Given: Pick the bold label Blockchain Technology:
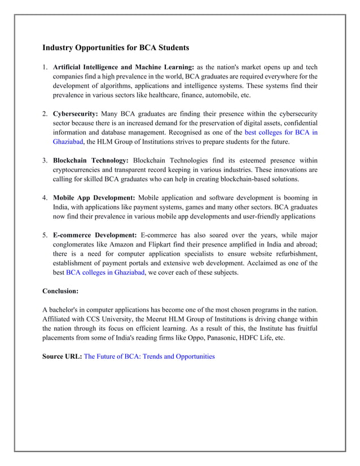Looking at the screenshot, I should pyautogui.click(x=91, y=160).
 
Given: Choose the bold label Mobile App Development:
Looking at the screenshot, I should pyautogui.click(x=94, y=197).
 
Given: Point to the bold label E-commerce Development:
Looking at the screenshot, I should pyautogui.click(x=95, y=235).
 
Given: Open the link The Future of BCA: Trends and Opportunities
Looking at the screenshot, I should pyautogui.click(x=149, y=357).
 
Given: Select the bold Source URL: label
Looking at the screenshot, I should pyautogui.click(x=62, y=357).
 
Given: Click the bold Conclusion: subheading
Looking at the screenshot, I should pyautogui.click(x=60, y=291).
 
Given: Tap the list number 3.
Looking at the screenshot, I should pyautogui.click(x=45, y=160).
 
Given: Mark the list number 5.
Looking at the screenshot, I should pyautogui.click(x=45, y=235).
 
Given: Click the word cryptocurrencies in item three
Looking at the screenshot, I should pyautogui.click(x=80, y=170).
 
